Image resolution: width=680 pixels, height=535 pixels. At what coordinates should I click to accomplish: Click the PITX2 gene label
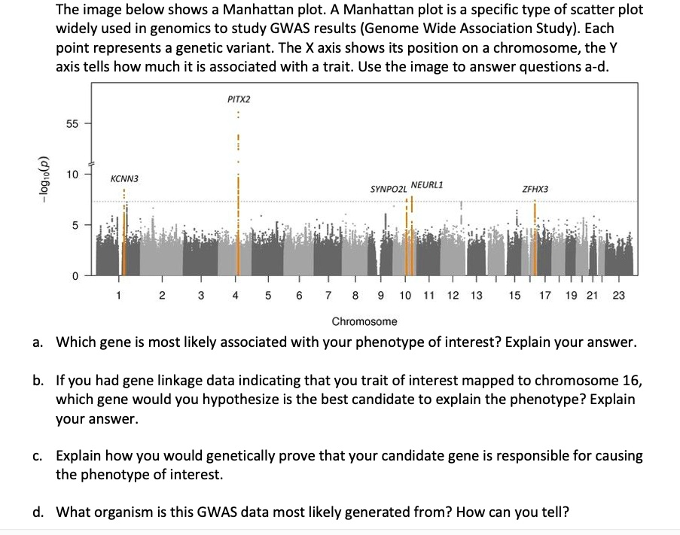[x=239, y=99]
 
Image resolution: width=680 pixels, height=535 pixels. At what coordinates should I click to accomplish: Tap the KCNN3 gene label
[x=123, y=179]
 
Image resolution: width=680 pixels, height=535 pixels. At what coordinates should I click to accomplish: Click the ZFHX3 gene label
[x=535, y=190]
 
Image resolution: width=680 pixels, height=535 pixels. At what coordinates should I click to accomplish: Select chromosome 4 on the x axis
[x=236, y=295]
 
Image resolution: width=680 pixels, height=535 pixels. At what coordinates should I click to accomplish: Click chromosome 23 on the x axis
[x=618, y=295]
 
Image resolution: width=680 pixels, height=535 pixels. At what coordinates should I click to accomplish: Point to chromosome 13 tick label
[x=477, y=295]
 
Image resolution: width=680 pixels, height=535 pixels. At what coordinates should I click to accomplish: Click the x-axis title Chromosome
[x=364, y=321]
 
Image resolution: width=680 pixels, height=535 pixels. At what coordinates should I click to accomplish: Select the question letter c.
[x=37, y=456]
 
